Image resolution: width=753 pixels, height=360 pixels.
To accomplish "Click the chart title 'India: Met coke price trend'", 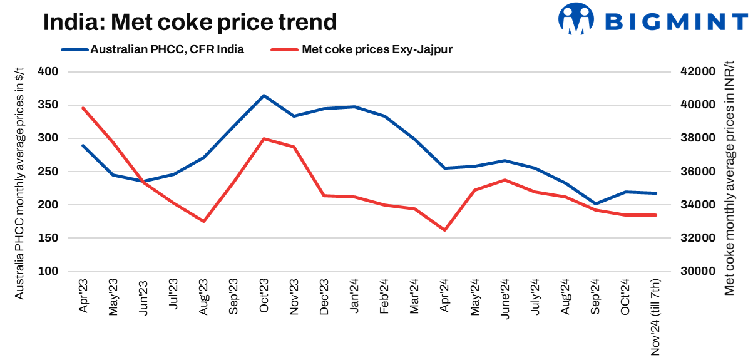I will (x=190, y=23).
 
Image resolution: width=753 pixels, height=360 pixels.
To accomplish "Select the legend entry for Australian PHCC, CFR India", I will (x=153, y=49).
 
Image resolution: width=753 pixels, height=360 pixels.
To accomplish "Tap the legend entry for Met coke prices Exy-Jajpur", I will (x=361, y=49).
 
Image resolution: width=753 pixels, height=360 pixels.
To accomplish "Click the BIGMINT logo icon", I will (x=576, y=19).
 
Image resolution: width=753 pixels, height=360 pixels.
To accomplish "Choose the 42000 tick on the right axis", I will (x=697, y=72).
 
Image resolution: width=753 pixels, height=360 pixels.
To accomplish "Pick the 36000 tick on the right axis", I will (x=697, y=172).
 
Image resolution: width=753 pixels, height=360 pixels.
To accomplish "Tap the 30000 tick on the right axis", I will (x=697, y=272).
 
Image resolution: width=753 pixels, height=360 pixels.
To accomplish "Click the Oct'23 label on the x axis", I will (x=264, y=296).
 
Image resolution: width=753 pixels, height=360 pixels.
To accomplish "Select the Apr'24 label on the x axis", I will (x=445, y=296).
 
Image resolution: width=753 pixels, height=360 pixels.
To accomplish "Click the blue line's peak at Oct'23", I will (x=264, y=96).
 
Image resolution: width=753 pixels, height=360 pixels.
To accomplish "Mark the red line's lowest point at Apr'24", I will (x=445, y=230).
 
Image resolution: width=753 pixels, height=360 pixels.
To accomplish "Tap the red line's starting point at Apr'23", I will (x=83, y=108).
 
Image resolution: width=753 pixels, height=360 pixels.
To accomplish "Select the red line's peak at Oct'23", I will (x=264, y=138).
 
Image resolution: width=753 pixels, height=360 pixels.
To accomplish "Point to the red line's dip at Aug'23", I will (x=203, y=221).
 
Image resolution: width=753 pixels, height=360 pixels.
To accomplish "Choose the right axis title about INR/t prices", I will (x=730, y=182).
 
